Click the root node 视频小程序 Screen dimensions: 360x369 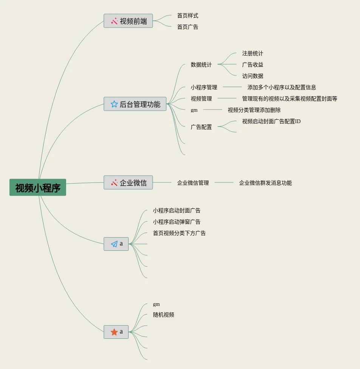tap(38, 188)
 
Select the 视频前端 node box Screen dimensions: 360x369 tap(128, 21)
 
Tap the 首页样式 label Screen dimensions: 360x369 tap(188, 16)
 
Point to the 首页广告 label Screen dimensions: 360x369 tap(188, 27)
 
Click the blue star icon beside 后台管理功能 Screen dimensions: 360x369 tap(114, 104)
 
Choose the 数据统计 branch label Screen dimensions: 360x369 tap(201, 65)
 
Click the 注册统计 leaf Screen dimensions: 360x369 tap(253, 54)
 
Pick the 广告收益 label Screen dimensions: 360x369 tap(253, 65)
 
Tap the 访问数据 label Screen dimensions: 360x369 tap(253, 76)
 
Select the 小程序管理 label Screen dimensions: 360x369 tap(204, 88)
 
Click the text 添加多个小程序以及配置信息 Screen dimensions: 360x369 tap(282, 88)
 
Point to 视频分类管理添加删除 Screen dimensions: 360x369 tap(254, 110)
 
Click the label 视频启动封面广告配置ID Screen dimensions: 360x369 tap(271, 122)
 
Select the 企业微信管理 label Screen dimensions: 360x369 tap(193, 183)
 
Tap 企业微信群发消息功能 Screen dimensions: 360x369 tap(266, 183)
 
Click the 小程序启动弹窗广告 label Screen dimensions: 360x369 tap(177, 222)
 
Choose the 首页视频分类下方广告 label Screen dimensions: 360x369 tap(179, 233)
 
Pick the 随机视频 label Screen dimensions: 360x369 tap(164, 315)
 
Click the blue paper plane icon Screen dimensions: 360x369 tap(114, 244)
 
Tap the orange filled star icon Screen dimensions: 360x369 tap(114, 332)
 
